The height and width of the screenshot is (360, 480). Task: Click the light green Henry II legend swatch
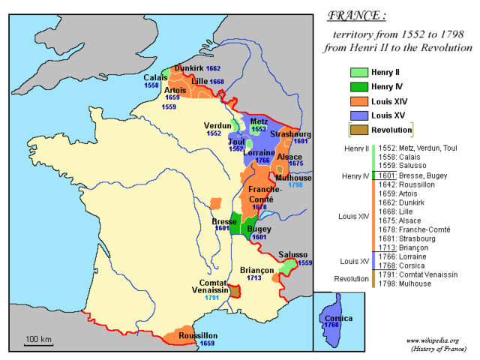tap(359, 73)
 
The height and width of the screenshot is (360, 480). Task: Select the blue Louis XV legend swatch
tap(359, 115)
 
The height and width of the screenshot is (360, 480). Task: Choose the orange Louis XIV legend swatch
tap(359, 101)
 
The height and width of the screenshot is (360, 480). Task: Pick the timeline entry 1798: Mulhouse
tap(409, 283)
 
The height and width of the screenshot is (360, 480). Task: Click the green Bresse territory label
tap(224, 222)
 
